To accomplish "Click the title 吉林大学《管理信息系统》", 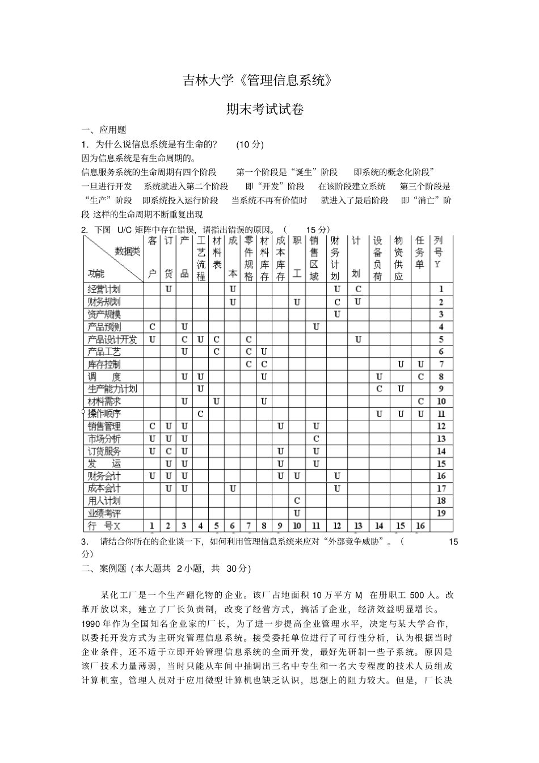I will [257, 81].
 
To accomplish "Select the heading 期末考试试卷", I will [265, 109].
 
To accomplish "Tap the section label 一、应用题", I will [104, 130].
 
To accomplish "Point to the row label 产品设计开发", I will [112, 340].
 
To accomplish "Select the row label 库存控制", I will [104, 364].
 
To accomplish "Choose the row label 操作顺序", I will [104, 414].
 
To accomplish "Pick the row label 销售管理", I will [104, 427].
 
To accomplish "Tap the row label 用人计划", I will [104, 501].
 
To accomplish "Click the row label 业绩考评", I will [104, 513].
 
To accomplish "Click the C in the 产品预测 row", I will [152, 327].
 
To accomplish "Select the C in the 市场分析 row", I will [316, 439].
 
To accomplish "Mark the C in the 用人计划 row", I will [297, 501].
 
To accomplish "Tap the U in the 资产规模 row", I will [337, 314].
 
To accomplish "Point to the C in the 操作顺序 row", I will [201, 414].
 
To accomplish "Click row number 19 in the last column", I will [441, 513].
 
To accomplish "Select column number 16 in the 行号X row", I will [420, 526].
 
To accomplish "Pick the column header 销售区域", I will [314, 258].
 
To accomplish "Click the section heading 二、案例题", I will [104, 568].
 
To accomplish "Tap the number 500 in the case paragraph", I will [416, 595].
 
